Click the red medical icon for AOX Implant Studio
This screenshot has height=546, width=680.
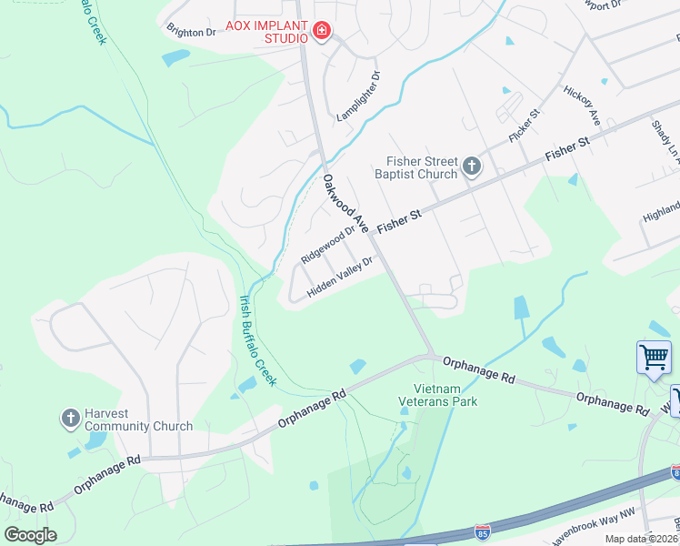[320, 33]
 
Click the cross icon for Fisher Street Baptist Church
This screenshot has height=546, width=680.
[471, 167]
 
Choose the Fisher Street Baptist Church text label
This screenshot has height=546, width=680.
[419, 167]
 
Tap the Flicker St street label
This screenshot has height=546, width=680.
[525, 123]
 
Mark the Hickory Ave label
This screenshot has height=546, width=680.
[582, 106]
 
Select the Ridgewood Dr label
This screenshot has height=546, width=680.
[327, 246]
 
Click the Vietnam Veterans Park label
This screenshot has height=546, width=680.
[440, 395]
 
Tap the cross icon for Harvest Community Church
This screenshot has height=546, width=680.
[70, 419]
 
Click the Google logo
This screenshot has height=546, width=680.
[29, 535]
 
